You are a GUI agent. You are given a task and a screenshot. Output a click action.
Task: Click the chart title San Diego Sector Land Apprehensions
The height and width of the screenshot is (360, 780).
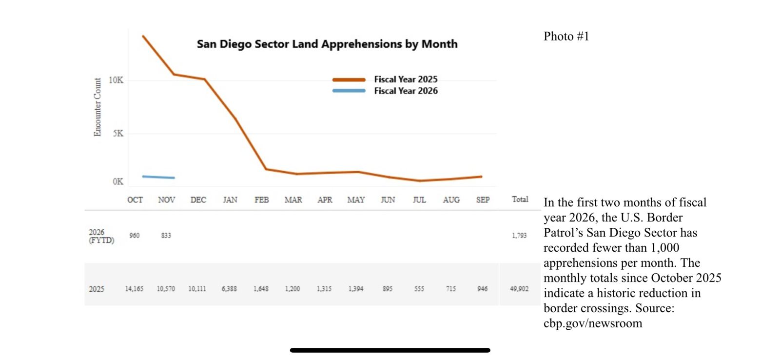coord(327,44)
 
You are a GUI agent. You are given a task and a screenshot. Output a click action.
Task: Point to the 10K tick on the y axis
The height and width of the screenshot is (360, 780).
coord(116,80)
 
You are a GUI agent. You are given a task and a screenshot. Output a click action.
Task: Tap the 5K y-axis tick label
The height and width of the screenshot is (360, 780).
coord(118,133)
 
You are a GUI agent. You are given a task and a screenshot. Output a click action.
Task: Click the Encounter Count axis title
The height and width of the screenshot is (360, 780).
coord(97,107)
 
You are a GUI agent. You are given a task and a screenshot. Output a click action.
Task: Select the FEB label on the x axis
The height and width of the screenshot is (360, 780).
coord(261,200)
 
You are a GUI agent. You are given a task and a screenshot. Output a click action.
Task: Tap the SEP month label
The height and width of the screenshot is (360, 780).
coord(483,200)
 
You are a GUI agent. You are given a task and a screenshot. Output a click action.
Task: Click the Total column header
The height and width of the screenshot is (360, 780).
coord(520,199)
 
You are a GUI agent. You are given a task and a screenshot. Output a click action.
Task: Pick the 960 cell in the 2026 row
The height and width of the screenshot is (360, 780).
coord(135,235)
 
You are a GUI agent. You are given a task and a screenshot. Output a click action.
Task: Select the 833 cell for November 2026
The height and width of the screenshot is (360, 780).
coord(166,235)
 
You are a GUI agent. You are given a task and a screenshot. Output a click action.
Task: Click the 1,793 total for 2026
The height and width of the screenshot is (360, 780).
coord(519,235)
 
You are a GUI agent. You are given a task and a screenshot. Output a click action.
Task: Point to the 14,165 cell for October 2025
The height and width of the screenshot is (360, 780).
coord(134,289)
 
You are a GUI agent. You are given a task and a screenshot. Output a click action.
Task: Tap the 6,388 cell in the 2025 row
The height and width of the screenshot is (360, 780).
coord(229,289)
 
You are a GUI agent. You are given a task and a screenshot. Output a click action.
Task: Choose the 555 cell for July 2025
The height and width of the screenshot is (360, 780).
coord(419,289)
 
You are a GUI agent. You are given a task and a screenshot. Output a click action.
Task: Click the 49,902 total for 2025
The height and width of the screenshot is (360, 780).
coord(519,289)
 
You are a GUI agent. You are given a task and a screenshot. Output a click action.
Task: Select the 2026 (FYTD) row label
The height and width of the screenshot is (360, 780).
coord(101,236)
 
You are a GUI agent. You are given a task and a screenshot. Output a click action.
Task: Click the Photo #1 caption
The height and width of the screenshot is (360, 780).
coord(566,37)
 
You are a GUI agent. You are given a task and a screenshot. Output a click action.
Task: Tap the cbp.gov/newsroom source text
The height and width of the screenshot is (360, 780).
coord(593,323)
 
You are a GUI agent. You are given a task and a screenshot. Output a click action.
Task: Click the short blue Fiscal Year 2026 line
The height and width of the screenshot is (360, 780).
coord(158,177)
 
